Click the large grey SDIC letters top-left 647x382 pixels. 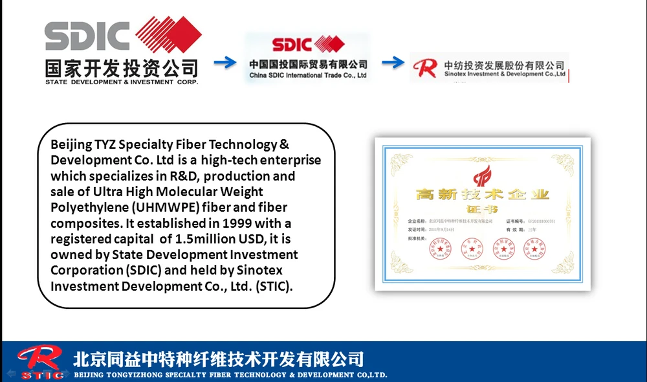(x=87, y=37)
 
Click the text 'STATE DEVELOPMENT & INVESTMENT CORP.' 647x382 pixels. (x=122, y=82)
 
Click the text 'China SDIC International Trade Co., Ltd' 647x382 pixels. (x=308, y=76)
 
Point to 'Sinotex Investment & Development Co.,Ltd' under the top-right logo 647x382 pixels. (x=505, y=74)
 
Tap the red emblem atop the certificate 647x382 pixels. (x=482, y=175)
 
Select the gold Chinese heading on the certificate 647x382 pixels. (x=482, y=195)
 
